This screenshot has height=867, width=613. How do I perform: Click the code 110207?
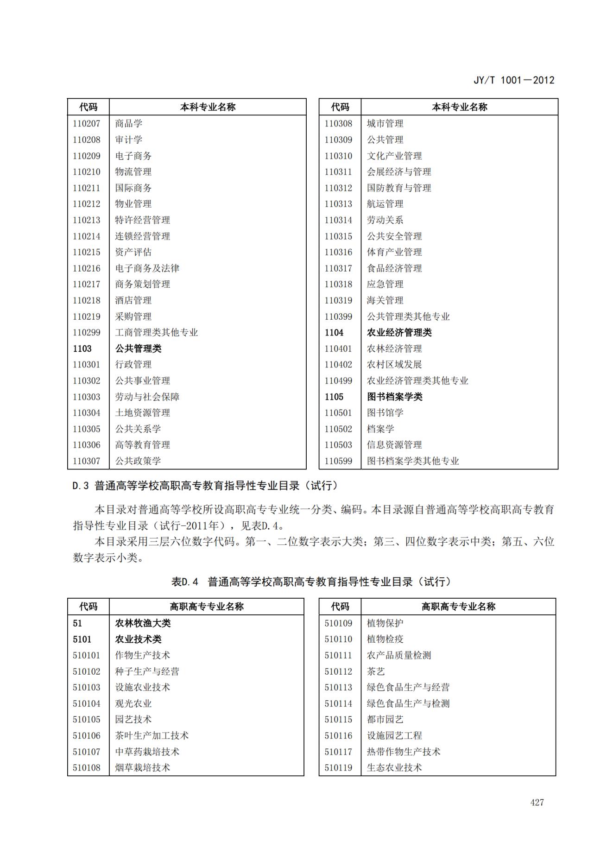click(86, 124)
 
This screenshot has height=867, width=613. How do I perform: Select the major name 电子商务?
click(133, 156)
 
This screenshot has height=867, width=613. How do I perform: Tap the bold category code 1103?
click(82, 348)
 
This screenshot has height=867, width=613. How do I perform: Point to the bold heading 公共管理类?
click(138, 348)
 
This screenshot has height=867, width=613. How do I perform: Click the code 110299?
click(86, 332)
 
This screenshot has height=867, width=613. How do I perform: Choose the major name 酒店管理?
click(133, 300)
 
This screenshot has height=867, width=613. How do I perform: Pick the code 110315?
click(338, 236)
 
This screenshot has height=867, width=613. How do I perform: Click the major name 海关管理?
click(385, 300)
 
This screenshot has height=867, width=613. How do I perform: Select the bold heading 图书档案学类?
click(395, 397)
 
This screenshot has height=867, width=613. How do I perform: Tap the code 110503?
click(338, 445)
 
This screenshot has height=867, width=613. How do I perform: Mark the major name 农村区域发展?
click(394, 365)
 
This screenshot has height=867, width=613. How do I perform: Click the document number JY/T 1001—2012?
click(514, 80)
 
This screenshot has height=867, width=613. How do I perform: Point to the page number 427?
click(537, 803)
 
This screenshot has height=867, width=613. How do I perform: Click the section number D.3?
click(80, 486)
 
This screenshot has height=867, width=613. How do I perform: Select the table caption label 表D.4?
click(184, 582)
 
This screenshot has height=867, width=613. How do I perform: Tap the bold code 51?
click(77, 623)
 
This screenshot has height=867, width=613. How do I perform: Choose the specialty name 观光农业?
click(133, 703)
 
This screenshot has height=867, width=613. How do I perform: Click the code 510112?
click(338, 671)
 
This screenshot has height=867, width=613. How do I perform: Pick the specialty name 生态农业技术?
click(394, 768)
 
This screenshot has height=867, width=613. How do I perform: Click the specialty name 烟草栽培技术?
click(143, 768)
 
